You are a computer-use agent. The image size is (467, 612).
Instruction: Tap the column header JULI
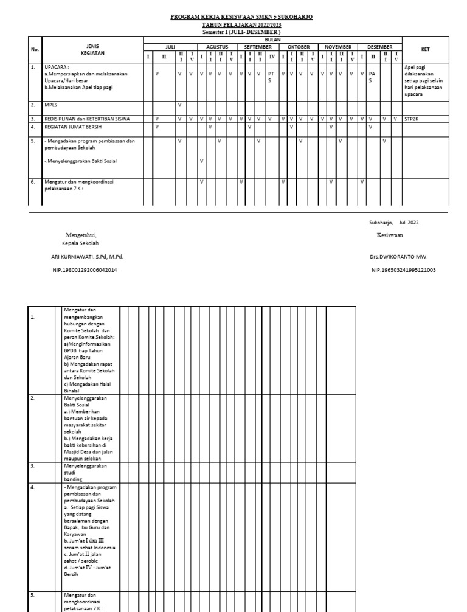click(x=170, y=47)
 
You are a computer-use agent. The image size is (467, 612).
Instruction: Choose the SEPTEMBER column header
click(x=258, y=47)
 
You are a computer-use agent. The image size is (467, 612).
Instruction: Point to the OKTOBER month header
click(x=299, y=47)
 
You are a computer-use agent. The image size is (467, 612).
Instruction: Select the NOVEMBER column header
click(x=338, y=47)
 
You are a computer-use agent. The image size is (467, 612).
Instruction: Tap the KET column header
click(x=425, y=50)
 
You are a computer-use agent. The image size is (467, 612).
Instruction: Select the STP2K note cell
click(x=412, y=119)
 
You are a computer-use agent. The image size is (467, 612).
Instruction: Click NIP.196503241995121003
click(x=403, y=270)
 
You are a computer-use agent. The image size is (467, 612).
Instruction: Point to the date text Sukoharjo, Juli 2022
click(x=393, y=223)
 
